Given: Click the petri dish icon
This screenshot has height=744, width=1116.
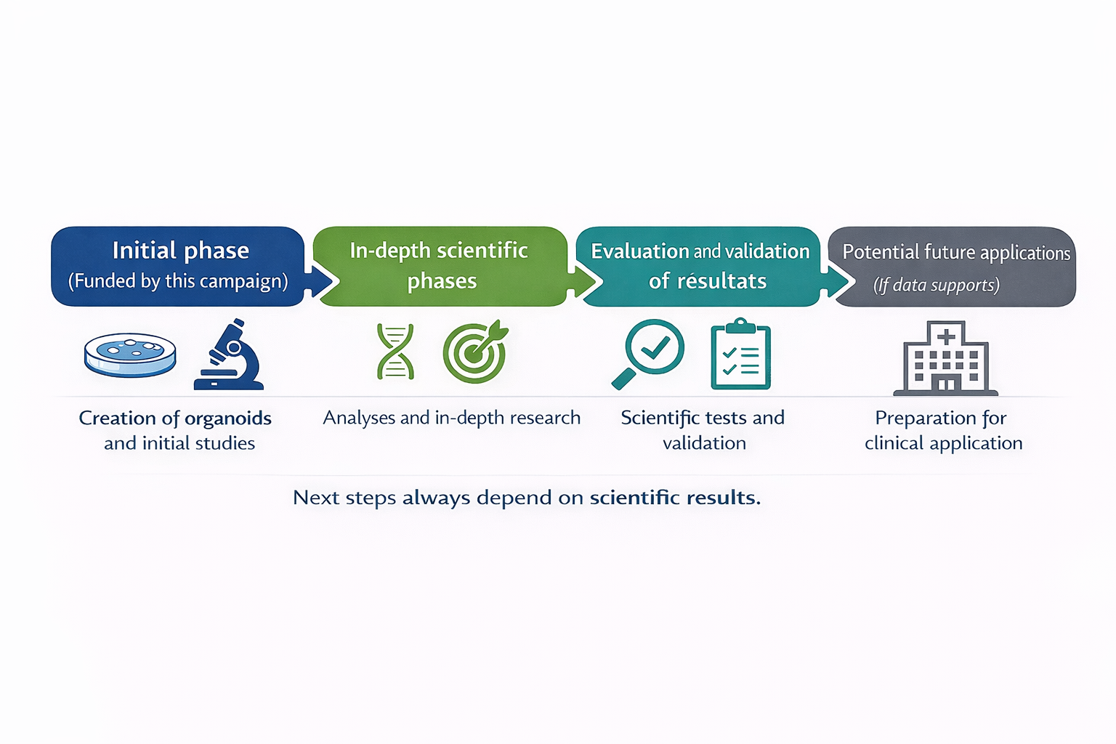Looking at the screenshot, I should (x=130, y=355).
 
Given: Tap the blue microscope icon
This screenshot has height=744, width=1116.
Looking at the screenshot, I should (x=230, y=355).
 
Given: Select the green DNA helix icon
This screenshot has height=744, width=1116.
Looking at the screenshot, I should (x=395, y=352).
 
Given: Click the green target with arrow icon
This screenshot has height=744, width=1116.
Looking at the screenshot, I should (x=475, y=352).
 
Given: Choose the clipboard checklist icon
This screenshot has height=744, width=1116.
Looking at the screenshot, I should (x=740, y=355).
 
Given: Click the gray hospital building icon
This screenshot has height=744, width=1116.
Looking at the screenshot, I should (x=945, y=359).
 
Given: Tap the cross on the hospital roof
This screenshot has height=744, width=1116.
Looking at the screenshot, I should (x=946, y=336).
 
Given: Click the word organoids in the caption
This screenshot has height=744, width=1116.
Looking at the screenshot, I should (x=228, y=418).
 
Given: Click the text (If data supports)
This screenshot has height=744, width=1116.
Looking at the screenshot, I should (x=937, y=285).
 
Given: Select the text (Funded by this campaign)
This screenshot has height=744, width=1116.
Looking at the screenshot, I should (x=178, y=281).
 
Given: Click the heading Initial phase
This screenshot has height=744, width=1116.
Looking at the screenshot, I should (x=180, y=251).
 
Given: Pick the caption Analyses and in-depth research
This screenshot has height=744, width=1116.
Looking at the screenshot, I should (x=451, y=418).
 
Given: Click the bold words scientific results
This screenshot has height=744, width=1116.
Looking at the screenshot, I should (x=675, y=498).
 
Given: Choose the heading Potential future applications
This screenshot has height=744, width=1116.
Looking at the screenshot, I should (x=956, y=253).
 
